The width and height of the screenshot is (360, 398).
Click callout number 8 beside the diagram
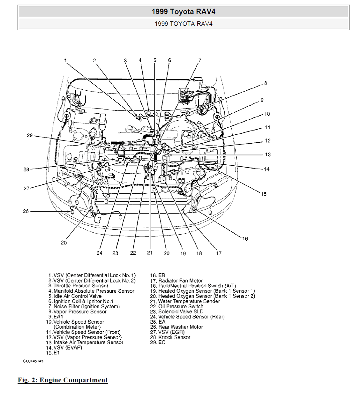tap(266, 83)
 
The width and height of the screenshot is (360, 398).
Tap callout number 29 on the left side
tap(30, 136)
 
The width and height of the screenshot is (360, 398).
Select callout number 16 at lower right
tap(245, 239)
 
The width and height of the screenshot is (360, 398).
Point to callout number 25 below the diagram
tap(64, 243)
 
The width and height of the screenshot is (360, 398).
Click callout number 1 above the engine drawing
tap(65, 61)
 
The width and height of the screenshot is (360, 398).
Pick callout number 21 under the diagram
tap(150, 252)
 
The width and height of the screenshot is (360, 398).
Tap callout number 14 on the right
tap(266, 169)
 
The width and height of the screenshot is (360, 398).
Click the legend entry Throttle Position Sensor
tap(79, 286)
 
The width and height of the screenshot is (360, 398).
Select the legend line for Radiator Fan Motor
tap(176, 281)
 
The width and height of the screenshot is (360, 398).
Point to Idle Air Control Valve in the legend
tap(75, 296)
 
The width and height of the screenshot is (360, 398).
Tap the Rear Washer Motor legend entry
tap(176, 327)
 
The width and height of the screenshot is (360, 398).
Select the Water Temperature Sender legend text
tap(185, 301)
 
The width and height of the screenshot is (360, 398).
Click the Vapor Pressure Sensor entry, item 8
tap(78, 312)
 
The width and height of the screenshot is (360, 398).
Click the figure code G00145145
tap(33, 361)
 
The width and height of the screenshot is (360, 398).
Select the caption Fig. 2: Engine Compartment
tap(63, 380)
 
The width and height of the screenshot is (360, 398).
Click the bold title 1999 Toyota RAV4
tap(184, 11)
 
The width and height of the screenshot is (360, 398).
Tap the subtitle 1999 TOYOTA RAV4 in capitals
tap(184, 24)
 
